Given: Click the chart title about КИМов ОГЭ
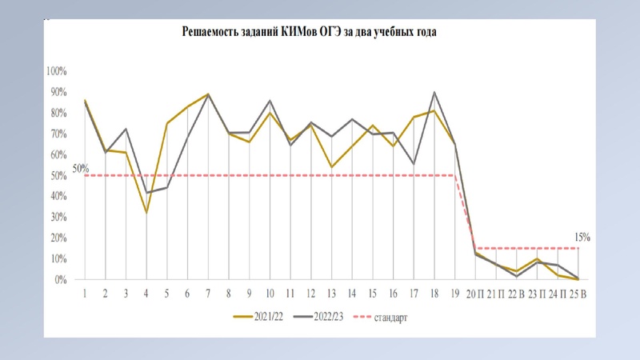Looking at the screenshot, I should point(320,33).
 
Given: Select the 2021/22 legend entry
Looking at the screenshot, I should point(257,318).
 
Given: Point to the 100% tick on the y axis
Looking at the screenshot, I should point(56,71).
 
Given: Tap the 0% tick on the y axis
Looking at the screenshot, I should point(60,280).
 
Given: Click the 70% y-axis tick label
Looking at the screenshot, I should point(58,134).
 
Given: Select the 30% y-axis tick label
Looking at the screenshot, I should point(58,218).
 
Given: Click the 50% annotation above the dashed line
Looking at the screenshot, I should point(80,168).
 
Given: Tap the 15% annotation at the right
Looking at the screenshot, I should point(581,237).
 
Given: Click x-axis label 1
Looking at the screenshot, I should point(85,294).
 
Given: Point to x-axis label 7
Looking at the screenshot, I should point(208,294).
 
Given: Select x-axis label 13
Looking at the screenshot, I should point(331,294).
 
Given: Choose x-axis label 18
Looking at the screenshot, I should point(434,294).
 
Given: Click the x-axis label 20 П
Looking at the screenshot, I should point(477,294).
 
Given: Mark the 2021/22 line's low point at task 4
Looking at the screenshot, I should point(146,213).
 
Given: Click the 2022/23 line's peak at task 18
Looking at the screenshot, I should point(434,93).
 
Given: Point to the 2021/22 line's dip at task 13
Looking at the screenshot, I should point(331,167).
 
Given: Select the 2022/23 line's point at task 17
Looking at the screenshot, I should point(414,164).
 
